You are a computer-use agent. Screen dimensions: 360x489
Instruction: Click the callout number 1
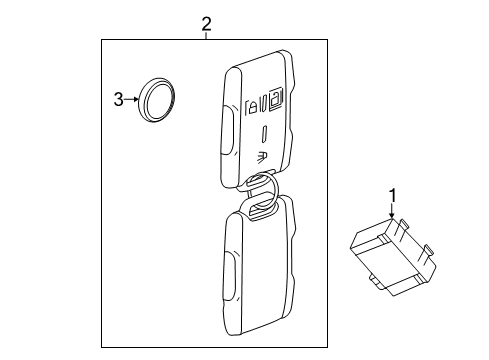pos(393,195)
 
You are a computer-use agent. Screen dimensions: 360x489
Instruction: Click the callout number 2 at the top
pos(206,23)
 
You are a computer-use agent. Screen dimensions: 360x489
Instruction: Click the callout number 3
pos(118,99)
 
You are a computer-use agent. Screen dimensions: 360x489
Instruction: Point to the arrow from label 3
pos(132,99)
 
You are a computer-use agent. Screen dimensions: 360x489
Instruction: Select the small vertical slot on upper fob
pos(263,131)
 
